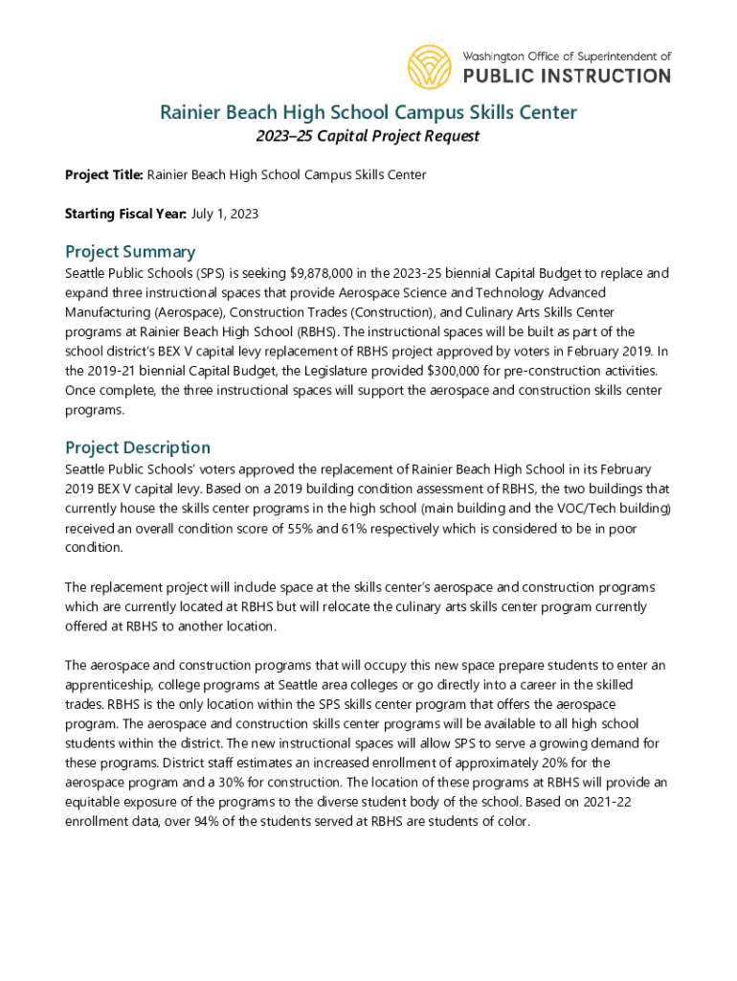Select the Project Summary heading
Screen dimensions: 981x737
[130, 252]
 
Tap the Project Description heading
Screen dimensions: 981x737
[138, 447]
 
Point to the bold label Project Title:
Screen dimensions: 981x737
[104, 174]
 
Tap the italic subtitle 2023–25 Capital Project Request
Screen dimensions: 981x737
[368, 136]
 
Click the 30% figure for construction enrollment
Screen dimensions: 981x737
[243, 783]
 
